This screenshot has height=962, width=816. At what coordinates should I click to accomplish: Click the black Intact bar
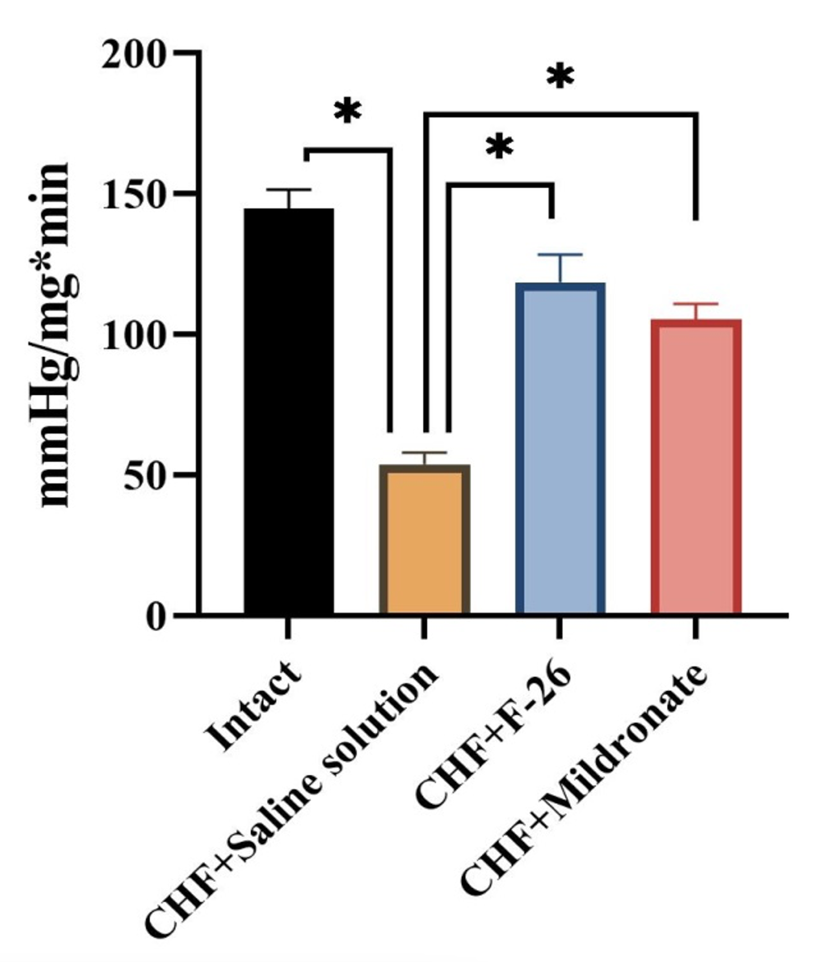coord(289,411)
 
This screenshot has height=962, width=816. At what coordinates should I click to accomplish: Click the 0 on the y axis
coord(155,616)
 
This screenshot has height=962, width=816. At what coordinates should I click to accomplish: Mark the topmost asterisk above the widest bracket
coord(560,76)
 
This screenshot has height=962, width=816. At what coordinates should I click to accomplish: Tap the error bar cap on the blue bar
coord(560,254)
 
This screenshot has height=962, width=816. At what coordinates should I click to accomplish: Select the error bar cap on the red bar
coord(696,304)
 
